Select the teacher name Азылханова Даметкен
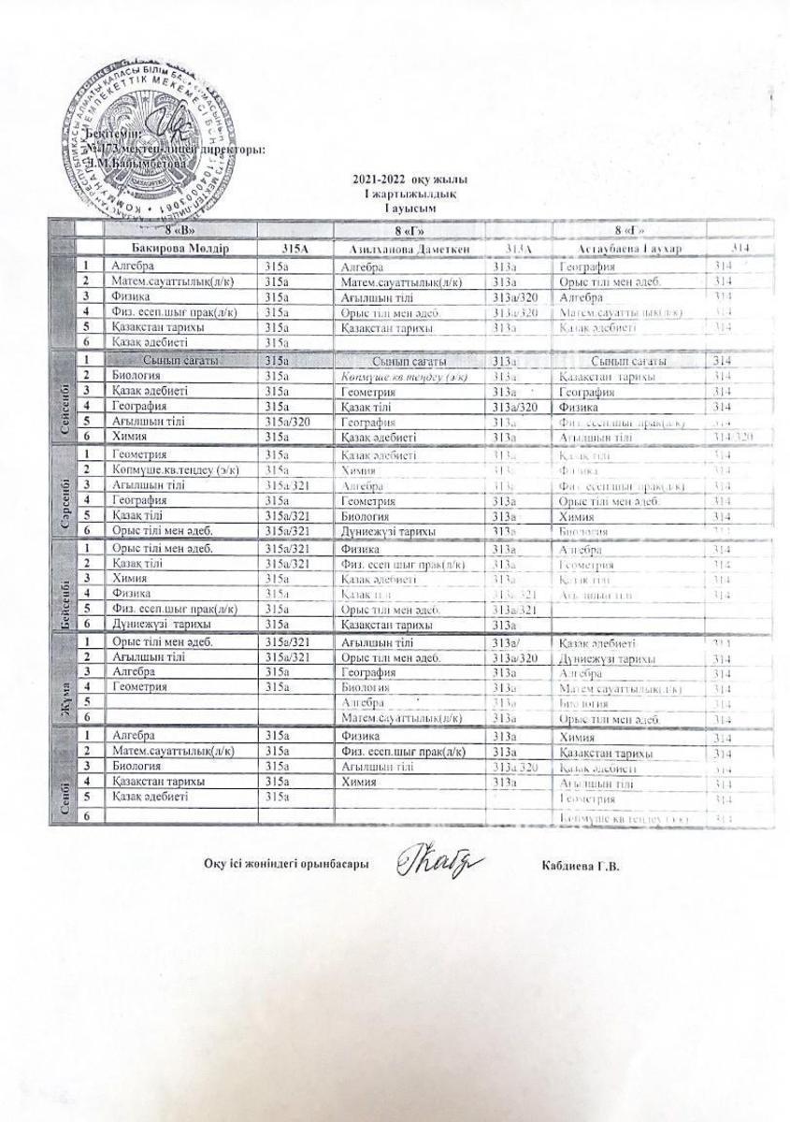pyautogui.click(x=408, y=250)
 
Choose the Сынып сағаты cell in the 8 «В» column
pyautogui.click(x=181, y=360)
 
